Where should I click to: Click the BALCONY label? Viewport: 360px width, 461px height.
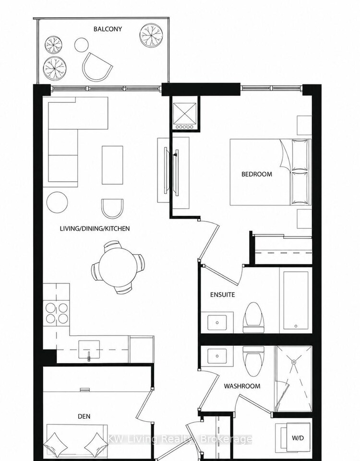pos(108,29)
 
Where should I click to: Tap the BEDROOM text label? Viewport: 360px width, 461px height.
pos(257,174)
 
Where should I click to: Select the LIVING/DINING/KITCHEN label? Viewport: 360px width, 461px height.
pos(95,228)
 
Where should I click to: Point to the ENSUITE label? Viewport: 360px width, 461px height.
pos(222,295)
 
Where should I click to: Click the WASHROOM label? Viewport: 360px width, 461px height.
pos(242,386)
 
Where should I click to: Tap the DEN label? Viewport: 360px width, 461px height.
pos(84,416)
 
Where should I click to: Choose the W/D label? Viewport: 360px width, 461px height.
pos(298,438)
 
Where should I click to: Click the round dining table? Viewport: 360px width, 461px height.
pos(118,267)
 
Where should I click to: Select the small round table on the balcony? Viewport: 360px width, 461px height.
pos(82,45)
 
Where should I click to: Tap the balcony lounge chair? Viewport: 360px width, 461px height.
pos(97,67)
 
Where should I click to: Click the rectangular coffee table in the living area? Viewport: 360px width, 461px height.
pos(112,165)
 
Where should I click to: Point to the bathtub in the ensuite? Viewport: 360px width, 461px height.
pos(296,300)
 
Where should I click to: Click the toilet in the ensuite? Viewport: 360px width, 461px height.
pos(253,317)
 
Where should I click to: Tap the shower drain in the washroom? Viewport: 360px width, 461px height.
pos(294,362)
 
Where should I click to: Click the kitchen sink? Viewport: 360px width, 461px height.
pos(89,349)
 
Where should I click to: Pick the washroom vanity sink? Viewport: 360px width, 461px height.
pos(217,356)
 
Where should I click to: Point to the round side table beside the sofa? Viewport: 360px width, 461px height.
pos(57,202)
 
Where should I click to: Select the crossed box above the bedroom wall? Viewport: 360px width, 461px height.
pos(185,113)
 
